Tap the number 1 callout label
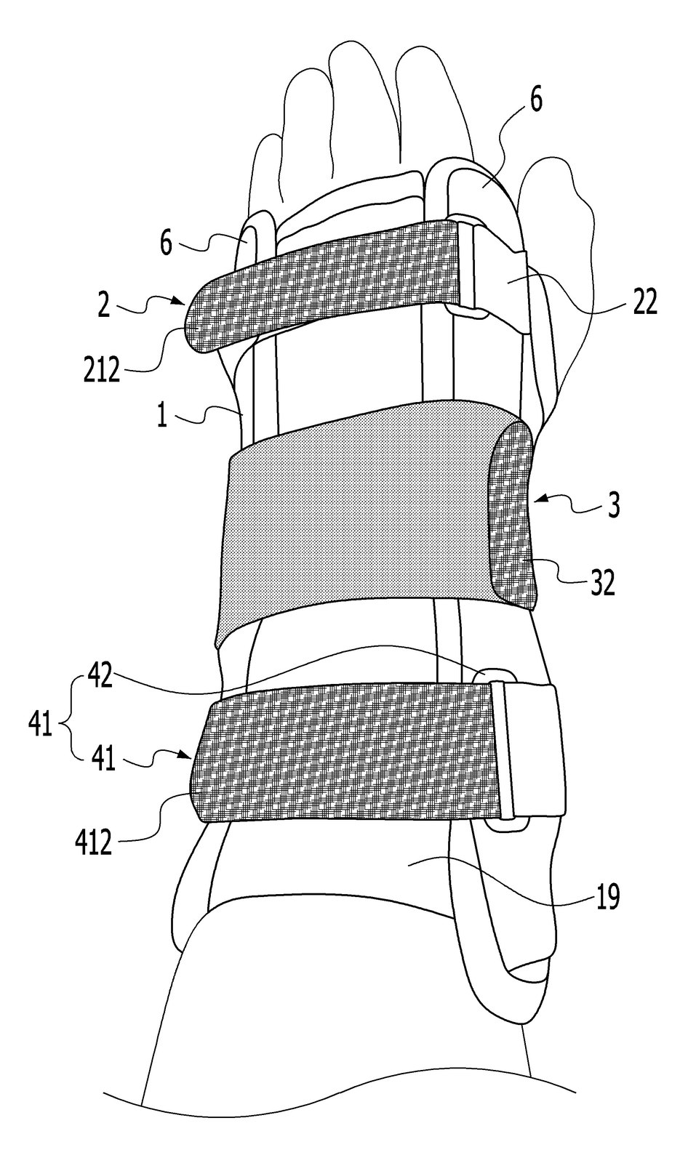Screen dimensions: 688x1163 [162, 415]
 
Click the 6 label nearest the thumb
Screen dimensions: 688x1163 [536, 100]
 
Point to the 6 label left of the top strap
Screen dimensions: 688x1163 [166, 244]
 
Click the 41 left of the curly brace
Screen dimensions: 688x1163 [40, 724]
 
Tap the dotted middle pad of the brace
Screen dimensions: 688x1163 [359, 524]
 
